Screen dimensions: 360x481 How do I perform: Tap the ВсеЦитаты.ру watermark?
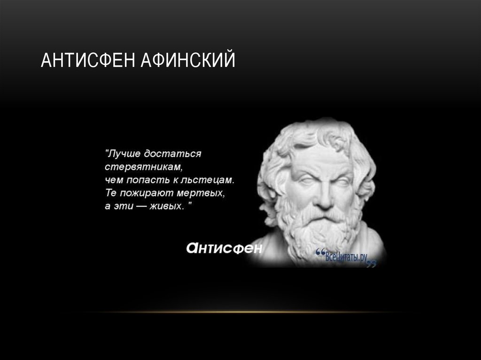346,257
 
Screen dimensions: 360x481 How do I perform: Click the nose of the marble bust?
323,197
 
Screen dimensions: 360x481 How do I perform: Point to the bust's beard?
321,232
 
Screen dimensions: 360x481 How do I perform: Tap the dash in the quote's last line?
140,206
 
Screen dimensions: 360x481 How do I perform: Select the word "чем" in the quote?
113,180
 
